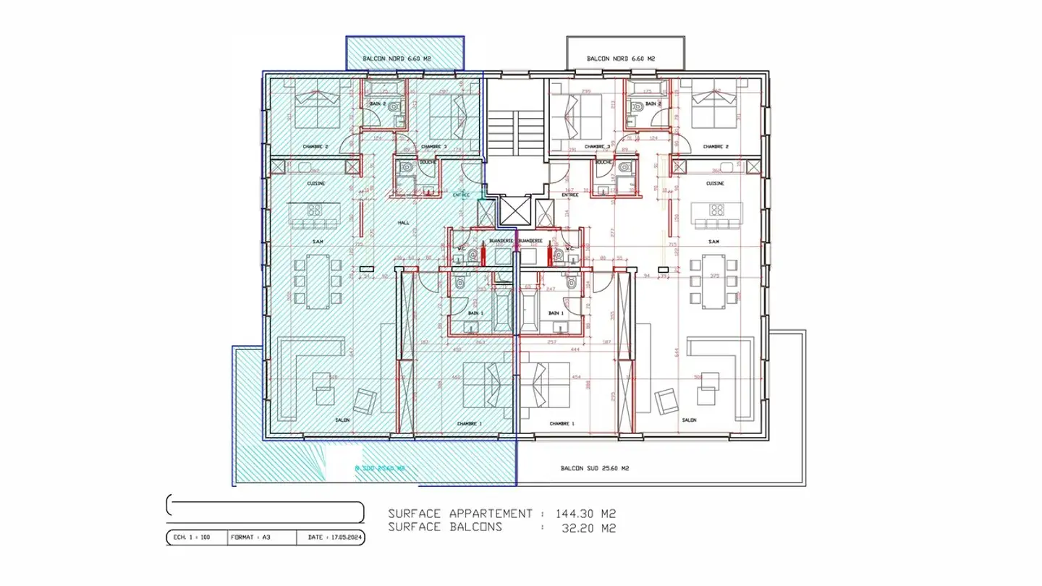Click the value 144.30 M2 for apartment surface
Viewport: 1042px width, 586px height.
click(x=585, y=514)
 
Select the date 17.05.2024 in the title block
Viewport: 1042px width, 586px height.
click(x=335, y=538)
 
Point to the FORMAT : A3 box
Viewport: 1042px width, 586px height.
click(x=246, y=538)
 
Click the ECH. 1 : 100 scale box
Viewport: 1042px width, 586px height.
click(x=192, y=538)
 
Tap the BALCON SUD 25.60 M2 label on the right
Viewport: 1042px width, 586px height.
click(x=595, y=469)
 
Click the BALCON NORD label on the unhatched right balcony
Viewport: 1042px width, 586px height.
click(x=621, y=59)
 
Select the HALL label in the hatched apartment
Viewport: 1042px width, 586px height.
click(x=403, y=223)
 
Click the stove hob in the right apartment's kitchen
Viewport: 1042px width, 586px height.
click(x=716, y=211)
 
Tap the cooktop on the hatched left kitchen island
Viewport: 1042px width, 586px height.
click(x=315, y=211)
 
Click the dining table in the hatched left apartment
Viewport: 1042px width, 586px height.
click(x=315, y=281)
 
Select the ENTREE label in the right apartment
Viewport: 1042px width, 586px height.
click(x=569, y=195)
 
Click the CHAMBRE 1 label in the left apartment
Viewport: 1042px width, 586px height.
click(x=470, y=424)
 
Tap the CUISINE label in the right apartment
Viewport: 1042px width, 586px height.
click(x=716, y=184)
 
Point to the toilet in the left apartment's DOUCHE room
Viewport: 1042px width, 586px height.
click(x=406, y=169)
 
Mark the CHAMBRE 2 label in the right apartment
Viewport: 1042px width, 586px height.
click(x=716, y=147)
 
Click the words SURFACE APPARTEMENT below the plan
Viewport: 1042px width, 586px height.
click(x=459, y=514)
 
